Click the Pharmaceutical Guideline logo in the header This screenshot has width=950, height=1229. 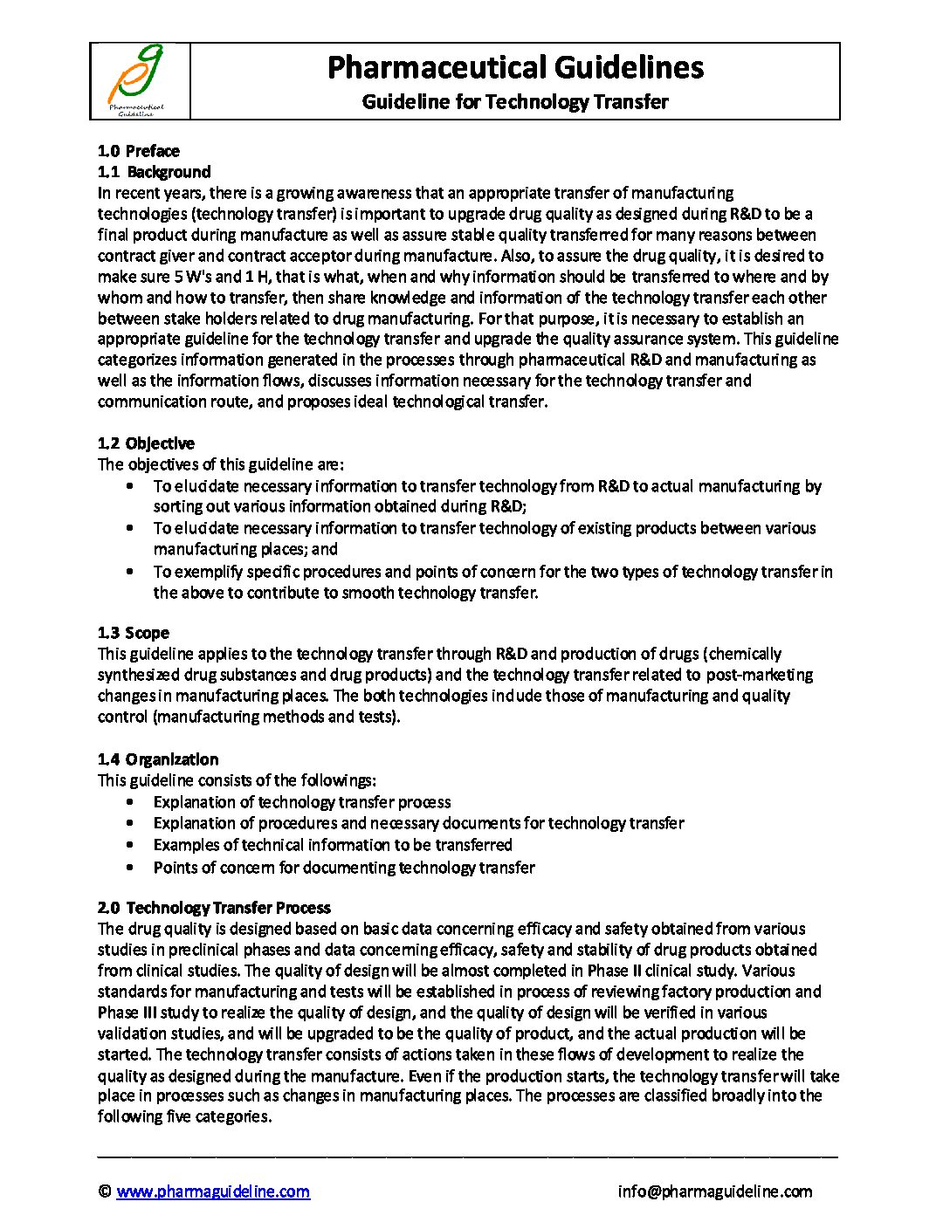(x=138, y=80)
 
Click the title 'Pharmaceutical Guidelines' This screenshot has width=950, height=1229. (x=515, y=67)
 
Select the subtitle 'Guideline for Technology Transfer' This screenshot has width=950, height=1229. (x=515, y=102)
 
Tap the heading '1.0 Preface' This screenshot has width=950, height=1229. (x=138, y=151)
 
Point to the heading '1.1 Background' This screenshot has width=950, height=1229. (x=154, y=172)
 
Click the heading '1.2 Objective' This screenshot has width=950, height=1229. (x=146, y=443)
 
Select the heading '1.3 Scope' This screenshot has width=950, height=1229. (x=134, y=633)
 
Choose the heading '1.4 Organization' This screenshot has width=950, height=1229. (x=158, y=759)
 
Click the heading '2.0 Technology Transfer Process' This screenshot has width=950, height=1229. (x=214, y=908)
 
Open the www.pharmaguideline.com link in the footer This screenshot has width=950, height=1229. (x=213, y=1191)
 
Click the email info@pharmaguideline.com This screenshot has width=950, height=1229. (x=714, y=1191)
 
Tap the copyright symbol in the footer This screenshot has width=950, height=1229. (x=105, y=1191)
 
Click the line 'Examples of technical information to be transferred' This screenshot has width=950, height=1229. (x=333, y=845)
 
